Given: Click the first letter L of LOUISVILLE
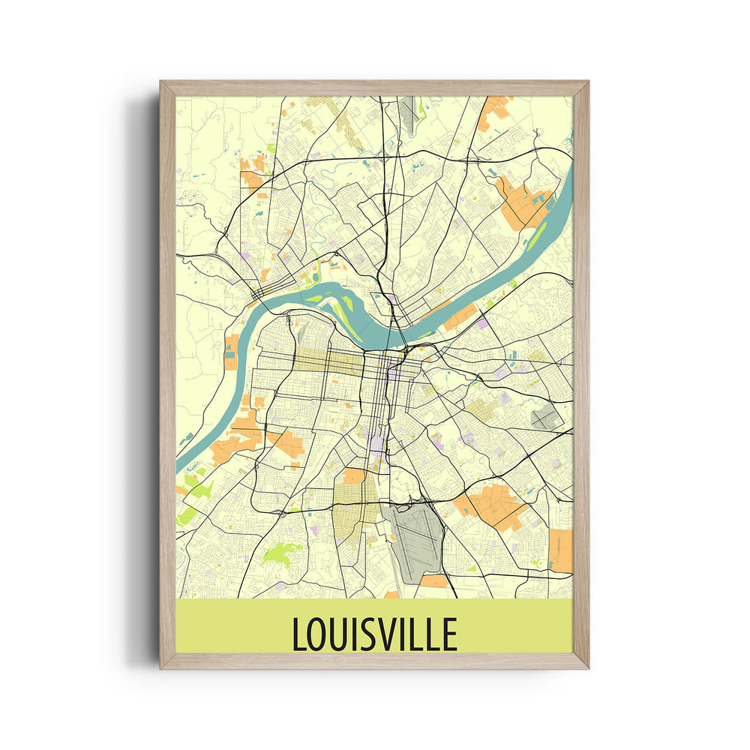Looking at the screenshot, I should (298, 634).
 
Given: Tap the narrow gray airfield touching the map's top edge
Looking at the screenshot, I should (409, 111).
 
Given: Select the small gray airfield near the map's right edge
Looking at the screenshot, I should (545, 418).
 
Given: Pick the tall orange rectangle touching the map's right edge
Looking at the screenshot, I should (560, 550).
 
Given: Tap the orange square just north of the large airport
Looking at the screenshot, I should (353, 477).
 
